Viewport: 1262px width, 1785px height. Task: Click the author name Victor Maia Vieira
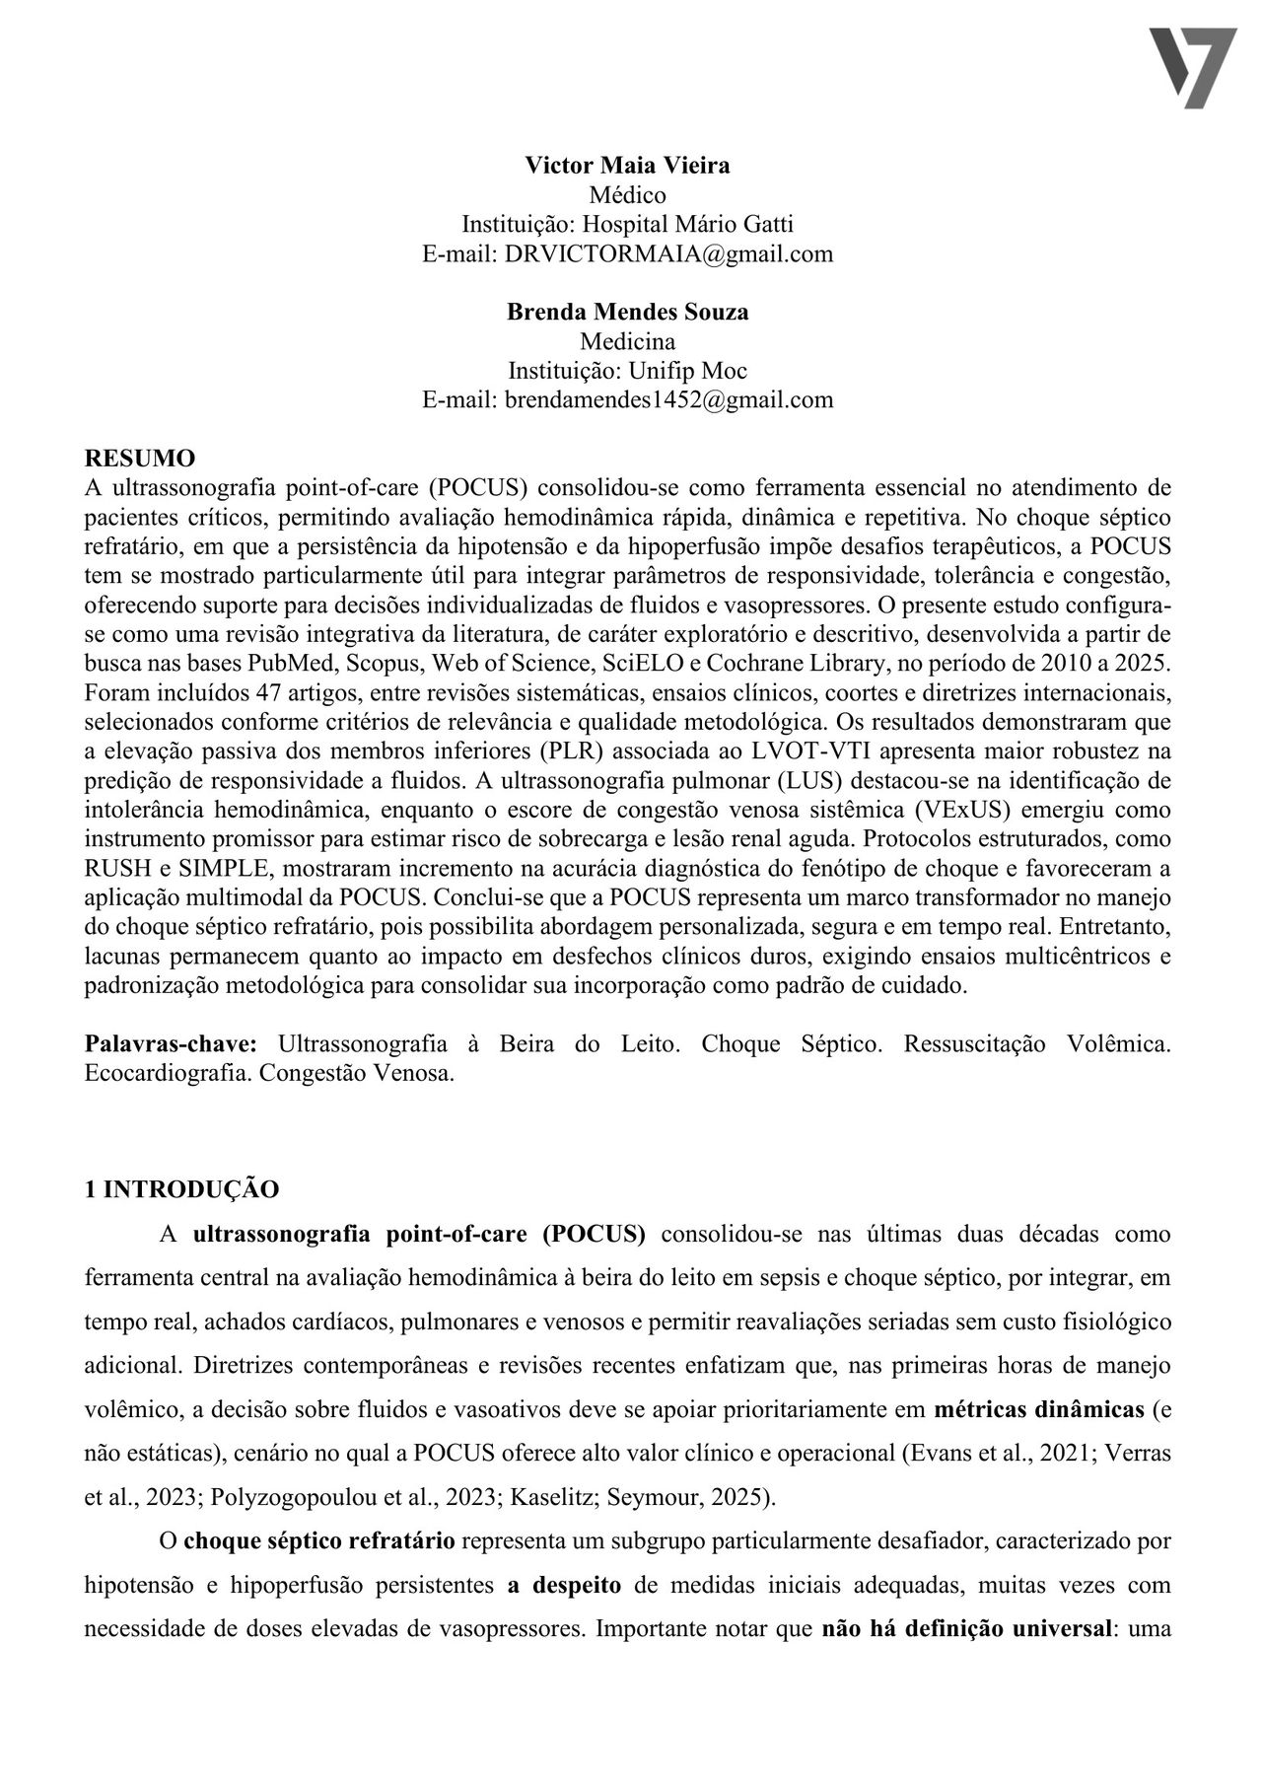pos(627,166)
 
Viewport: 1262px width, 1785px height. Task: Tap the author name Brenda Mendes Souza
pos(627,312)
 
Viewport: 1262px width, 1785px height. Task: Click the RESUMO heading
pos(140,458)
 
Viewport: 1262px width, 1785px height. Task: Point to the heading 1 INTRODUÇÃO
pos(181,1188)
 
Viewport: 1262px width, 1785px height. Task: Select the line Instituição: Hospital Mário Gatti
pos(627,224)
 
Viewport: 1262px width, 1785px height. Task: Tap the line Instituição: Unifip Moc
pos(627,371)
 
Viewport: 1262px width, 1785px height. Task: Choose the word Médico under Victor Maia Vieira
pos(627,195)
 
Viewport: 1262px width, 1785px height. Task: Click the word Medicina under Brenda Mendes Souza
pos(627,341)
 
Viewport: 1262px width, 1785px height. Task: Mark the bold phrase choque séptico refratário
pos(319,1540)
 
